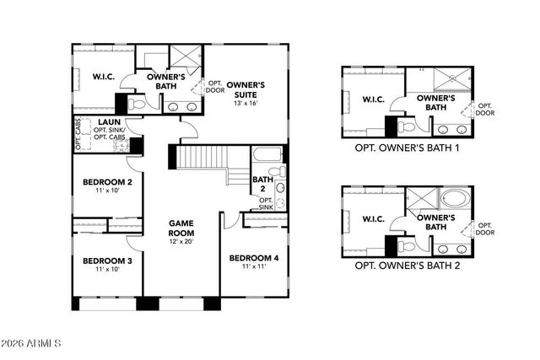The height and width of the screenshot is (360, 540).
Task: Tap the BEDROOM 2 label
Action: point(107,182)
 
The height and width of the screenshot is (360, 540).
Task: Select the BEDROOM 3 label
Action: point(107,261)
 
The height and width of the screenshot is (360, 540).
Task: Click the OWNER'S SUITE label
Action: point(246,90)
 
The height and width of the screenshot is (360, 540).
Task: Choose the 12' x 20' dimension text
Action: point(181,241)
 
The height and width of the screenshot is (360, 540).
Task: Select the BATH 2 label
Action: point(262,185)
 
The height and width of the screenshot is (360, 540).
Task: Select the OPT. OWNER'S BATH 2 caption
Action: point(408,265)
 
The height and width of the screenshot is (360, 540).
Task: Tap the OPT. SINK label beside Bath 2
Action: point(266,203)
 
